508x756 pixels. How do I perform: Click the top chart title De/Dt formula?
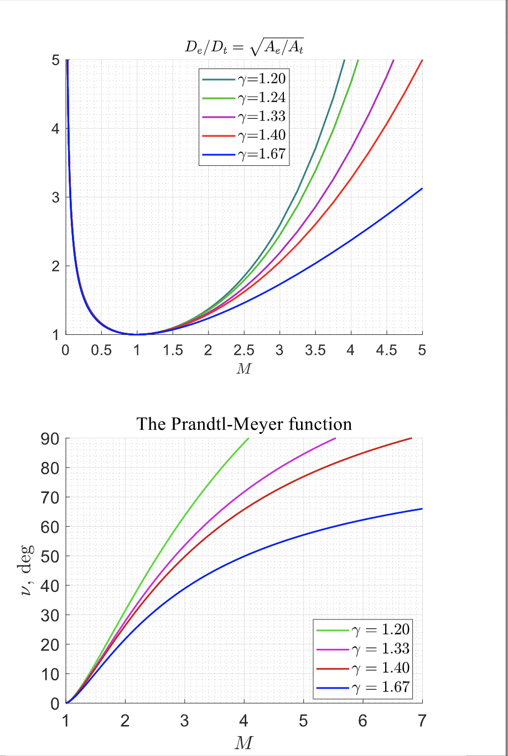pos(244,48)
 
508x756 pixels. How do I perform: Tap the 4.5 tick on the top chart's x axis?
pos(386,350)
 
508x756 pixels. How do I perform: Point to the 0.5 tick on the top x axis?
pos(101,350)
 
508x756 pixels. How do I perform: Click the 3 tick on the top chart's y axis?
pos(55,197)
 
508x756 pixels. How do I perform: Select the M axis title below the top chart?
pos(243,369)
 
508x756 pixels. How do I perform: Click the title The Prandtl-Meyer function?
pos(244,424)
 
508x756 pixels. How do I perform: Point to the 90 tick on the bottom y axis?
pos(50,439)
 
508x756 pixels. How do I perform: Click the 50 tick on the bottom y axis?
pos(50,556)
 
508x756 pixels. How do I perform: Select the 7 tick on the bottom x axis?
pos(422,721)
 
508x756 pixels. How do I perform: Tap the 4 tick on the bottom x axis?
pos(244,721)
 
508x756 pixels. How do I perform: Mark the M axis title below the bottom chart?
pos(243,743)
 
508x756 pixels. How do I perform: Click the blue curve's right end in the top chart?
pos(422,189)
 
